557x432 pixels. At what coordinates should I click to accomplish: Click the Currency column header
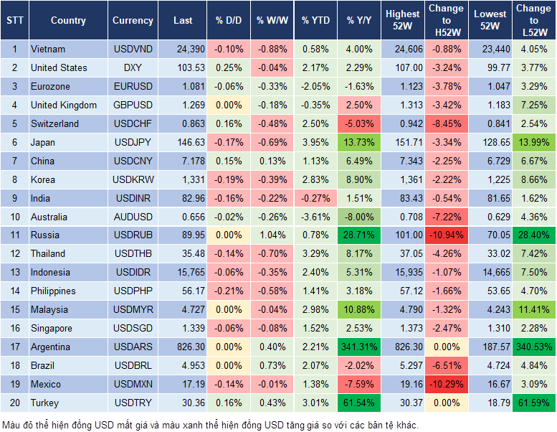[133, 21]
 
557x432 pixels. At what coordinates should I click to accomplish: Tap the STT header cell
[14, 21]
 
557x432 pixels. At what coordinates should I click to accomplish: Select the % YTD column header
[315, 21]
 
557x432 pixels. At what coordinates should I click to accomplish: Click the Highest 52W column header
[402, 20]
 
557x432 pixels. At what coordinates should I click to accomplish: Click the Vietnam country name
[48, 49]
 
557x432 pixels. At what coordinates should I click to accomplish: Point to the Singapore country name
[51, 328]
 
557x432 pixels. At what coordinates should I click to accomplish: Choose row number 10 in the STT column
[14, 217]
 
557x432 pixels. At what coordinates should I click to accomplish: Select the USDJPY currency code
[133, 142]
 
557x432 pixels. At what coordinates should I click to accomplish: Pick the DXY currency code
[133, 67]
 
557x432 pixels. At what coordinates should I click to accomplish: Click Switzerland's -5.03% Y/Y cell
[360, 123]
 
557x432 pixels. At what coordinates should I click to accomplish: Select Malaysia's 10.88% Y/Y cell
[360, 309]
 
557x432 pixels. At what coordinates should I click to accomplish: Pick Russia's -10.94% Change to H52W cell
[446, 235]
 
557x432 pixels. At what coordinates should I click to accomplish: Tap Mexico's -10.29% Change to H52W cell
[446, 384]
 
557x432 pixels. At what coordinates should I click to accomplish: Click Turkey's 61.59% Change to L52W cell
[533, 403]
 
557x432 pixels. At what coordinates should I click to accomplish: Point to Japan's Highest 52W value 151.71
[405, 142]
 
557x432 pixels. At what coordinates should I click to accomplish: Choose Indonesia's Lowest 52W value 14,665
[491, 272]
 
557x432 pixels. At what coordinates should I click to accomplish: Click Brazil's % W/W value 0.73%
[272, 365]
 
